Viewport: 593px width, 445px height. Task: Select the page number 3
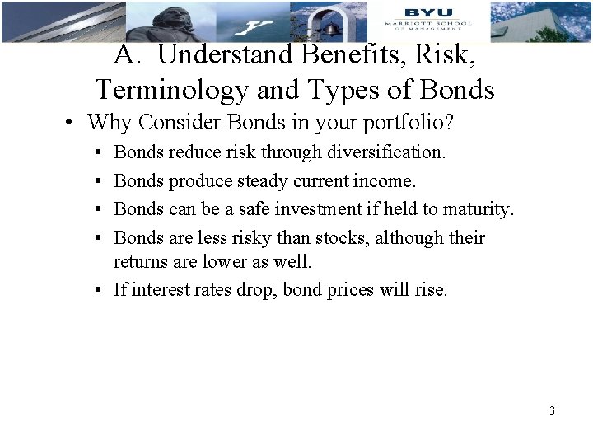click(x=552, y=410)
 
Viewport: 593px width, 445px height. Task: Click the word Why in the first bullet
click(x=107, y=123)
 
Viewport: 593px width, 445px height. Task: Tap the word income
click(x=386, y=180)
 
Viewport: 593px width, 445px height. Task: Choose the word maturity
click(x=474, y=209)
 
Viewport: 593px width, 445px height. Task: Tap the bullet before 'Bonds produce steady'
click(x=98, y=181)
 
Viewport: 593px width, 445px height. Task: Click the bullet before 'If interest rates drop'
click(x=98, y=290)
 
